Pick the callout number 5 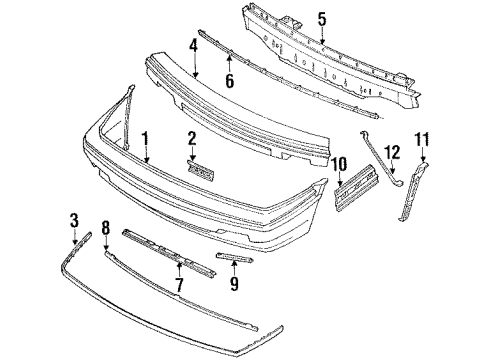tap(321, 17)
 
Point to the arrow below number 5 tap(321, 38)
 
